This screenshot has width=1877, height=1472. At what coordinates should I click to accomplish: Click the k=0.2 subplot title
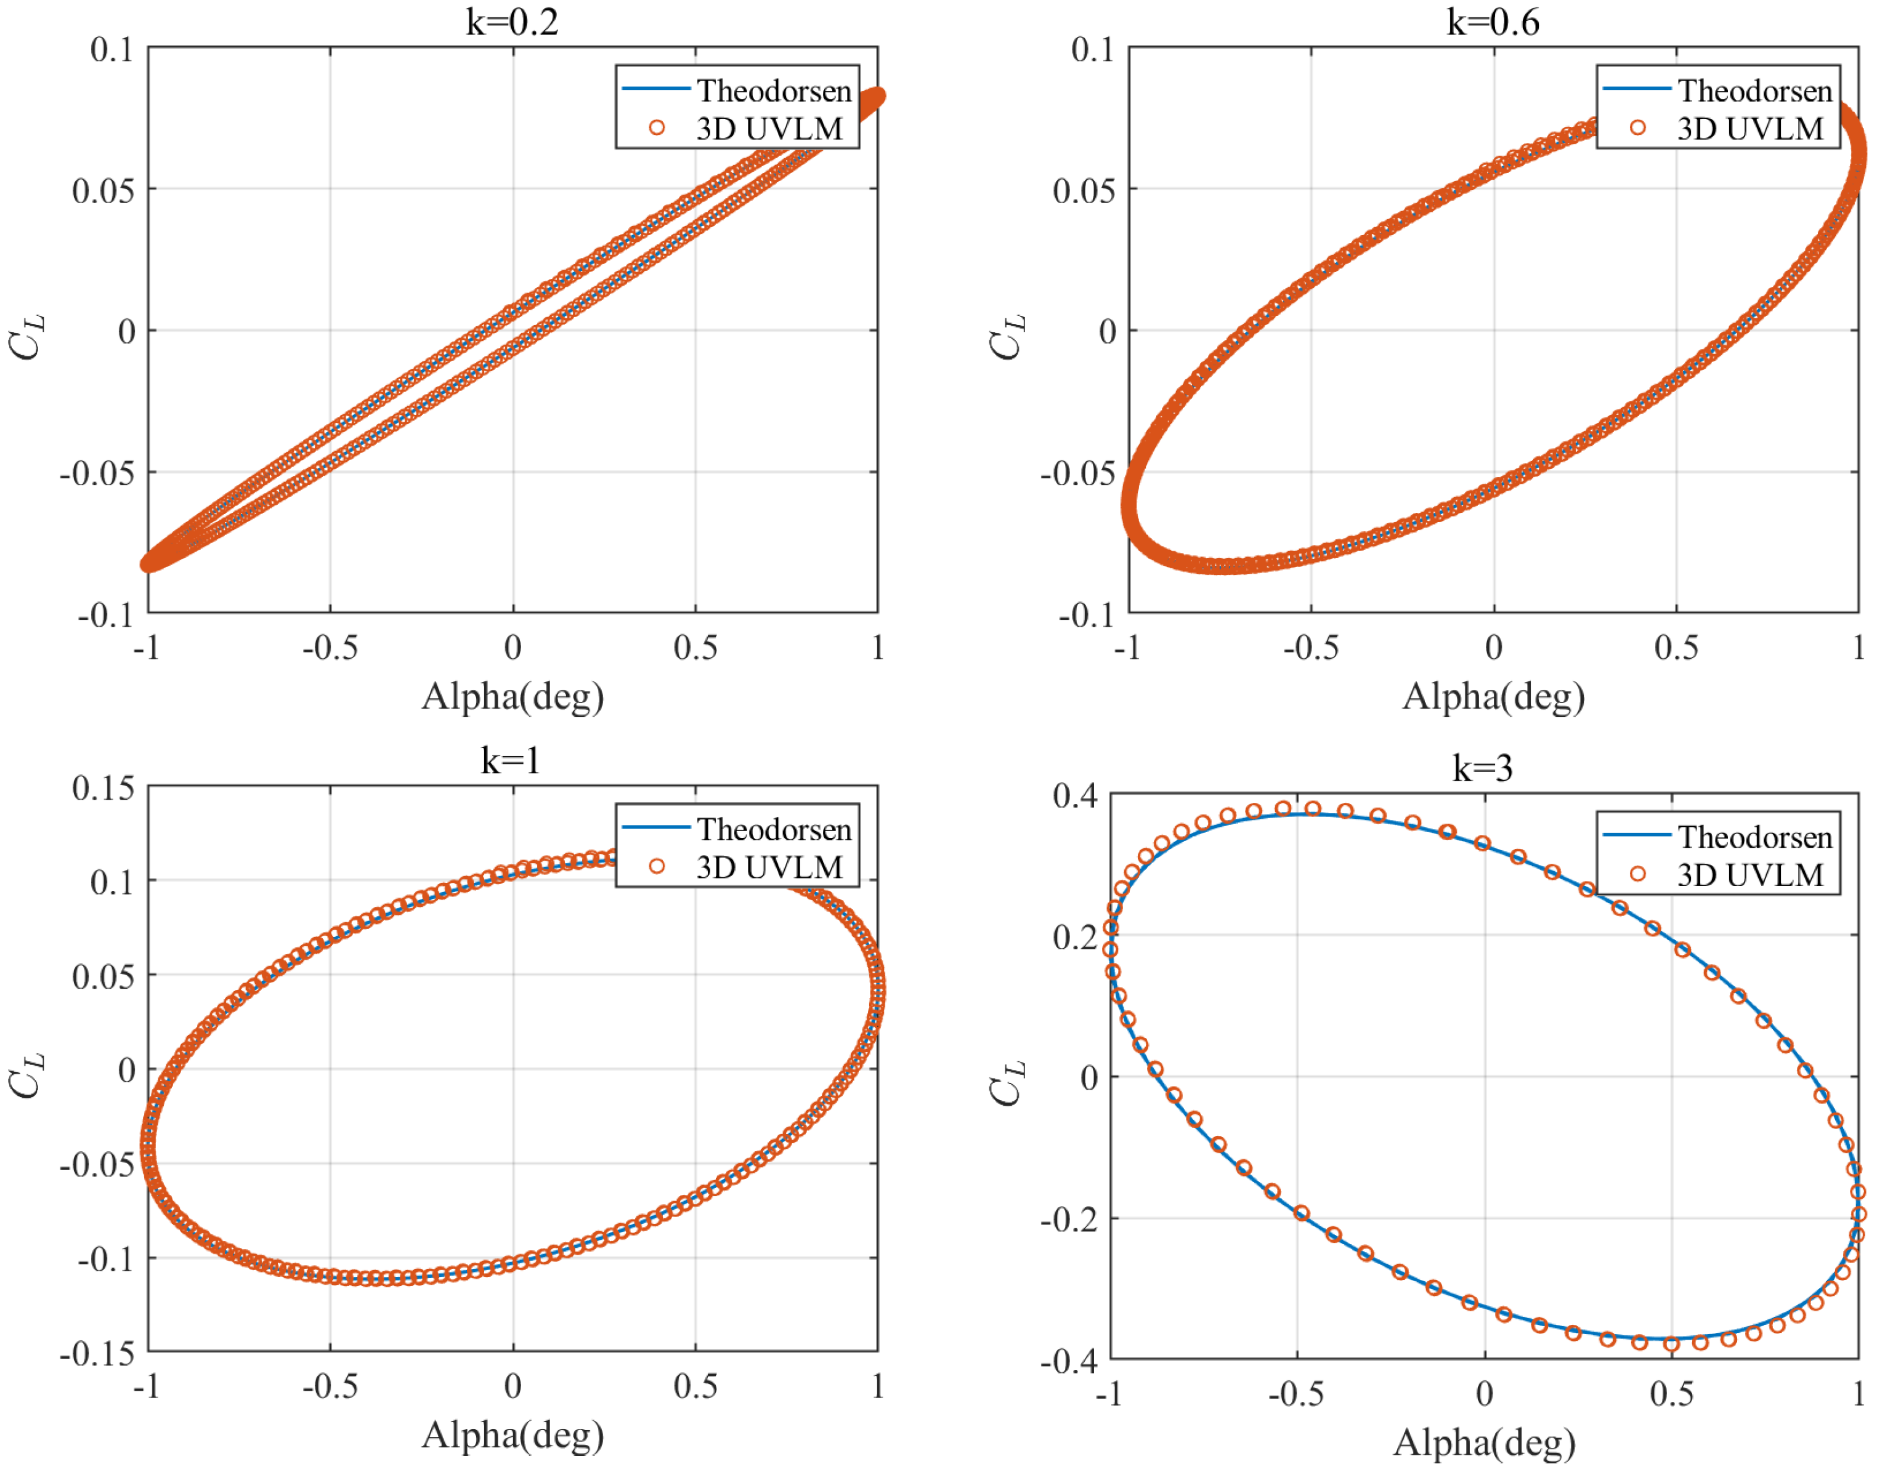click(512, 21)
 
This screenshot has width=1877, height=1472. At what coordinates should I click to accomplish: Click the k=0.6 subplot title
click(1493, 21)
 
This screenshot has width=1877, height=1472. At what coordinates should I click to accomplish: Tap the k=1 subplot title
click(511, 760)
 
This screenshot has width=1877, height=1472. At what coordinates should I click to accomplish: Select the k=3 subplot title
click(1482, 767)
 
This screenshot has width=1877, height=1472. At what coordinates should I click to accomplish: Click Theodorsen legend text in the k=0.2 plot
click(773, 90)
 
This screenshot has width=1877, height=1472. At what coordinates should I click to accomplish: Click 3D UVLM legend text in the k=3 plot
click(1749, 875)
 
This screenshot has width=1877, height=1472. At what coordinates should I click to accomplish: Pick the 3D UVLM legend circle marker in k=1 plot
click(657, 866)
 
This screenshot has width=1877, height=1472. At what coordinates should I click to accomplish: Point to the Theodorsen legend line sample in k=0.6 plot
click(1637, 89)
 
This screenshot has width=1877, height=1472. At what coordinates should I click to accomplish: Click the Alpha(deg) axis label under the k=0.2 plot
click(512, 696)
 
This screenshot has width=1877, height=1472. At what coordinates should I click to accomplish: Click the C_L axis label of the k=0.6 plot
click(1006, 336)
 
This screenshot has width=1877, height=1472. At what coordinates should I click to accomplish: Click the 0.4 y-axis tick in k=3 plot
click(1074, 795)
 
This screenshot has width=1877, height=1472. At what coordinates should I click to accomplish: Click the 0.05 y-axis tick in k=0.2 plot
click(103, 190)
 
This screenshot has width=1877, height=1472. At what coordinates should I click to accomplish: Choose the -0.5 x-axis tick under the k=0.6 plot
click(1310, 647)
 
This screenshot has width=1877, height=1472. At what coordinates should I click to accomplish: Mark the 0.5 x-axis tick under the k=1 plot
click(695, 1386)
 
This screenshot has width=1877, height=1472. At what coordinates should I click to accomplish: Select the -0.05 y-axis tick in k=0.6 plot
click(1077, 474)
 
